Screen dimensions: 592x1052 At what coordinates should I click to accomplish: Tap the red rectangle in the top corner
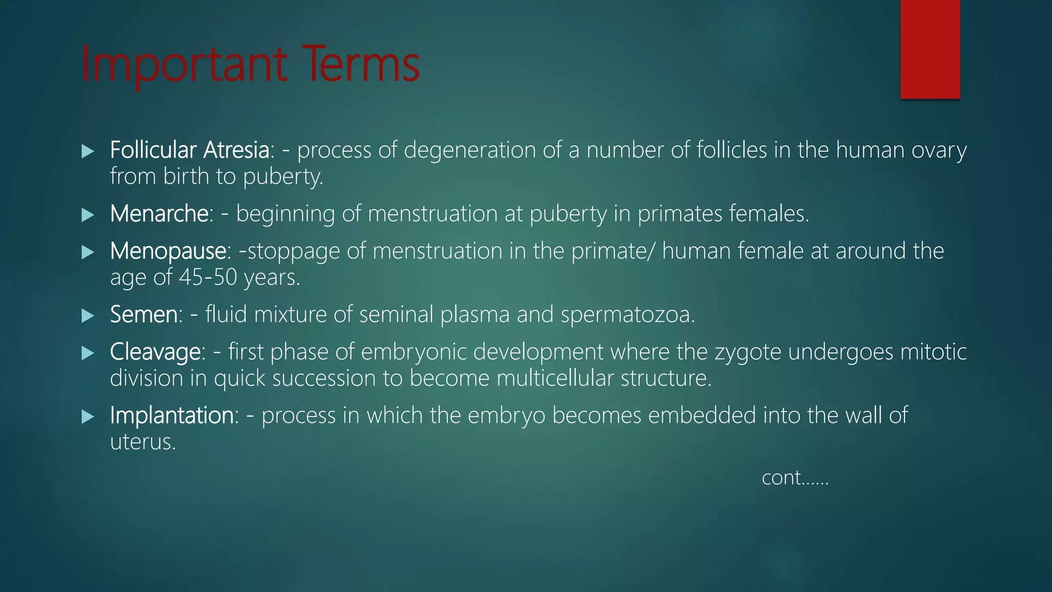930,49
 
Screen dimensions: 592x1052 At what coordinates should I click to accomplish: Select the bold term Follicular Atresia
190,150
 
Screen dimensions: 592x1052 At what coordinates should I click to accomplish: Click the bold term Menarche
159,213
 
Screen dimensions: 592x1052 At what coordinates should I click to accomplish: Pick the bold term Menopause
168,251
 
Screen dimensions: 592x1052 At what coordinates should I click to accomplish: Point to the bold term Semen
144,314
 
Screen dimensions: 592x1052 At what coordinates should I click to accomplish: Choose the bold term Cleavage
155,352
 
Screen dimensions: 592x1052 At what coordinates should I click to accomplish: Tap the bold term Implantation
172,415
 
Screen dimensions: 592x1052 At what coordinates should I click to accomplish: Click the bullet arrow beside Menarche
88,215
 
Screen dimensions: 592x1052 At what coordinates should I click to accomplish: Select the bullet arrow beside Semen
88,316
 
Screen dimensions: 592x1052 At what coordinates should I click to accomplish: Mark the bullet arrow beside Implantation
88,417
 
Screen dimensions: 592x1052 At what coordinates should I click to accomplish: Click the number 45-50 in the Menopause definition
208,277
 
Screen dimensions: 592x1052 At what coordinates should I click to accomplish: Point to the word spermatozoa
627,314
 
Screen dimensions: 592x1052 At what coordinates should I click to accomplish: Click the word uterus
143,442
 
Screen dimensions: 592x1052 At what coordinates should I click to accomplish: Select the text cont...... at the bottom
795,478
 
